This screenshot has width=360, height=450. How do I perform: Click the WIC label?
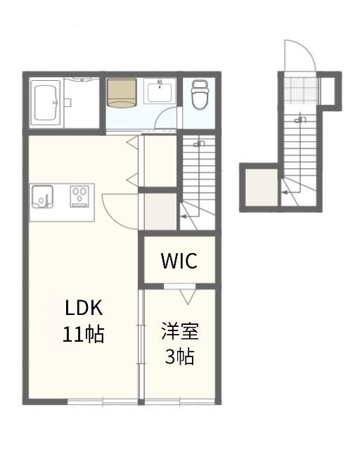click(179, 261)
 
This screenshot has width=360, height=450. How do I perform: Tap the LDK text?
click(84, 308)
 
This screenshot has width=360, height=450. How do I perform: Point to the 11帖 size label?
click(83, 335)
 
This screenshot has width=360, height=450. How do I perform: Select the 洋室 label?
click(180, 331)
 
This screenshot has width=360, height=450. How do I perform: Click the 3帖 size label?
click(180, 356)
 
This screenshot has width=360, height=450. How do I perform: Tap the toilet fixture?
click(200, 95)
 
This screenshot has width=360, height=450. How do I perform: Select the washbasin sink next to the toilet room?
click(160, 92)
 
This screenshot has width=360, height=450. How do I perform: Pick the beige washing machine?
click(122, 93)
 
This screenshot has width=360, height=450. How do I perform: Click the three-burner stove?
click(79, 196)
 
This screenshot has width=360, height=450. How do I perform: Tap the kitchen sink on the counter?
click(42, 197)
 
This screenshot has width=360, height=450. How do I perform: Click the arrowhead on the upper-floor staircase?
click(183, 217)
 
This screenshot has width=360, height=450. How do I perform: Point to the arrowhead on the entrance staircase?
click(283, 193)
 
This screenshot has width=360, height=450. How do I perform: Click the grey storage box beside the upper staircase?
click(160, 212)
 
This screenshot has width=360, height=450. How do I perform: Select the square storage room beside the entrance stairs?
click(262, 188)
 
